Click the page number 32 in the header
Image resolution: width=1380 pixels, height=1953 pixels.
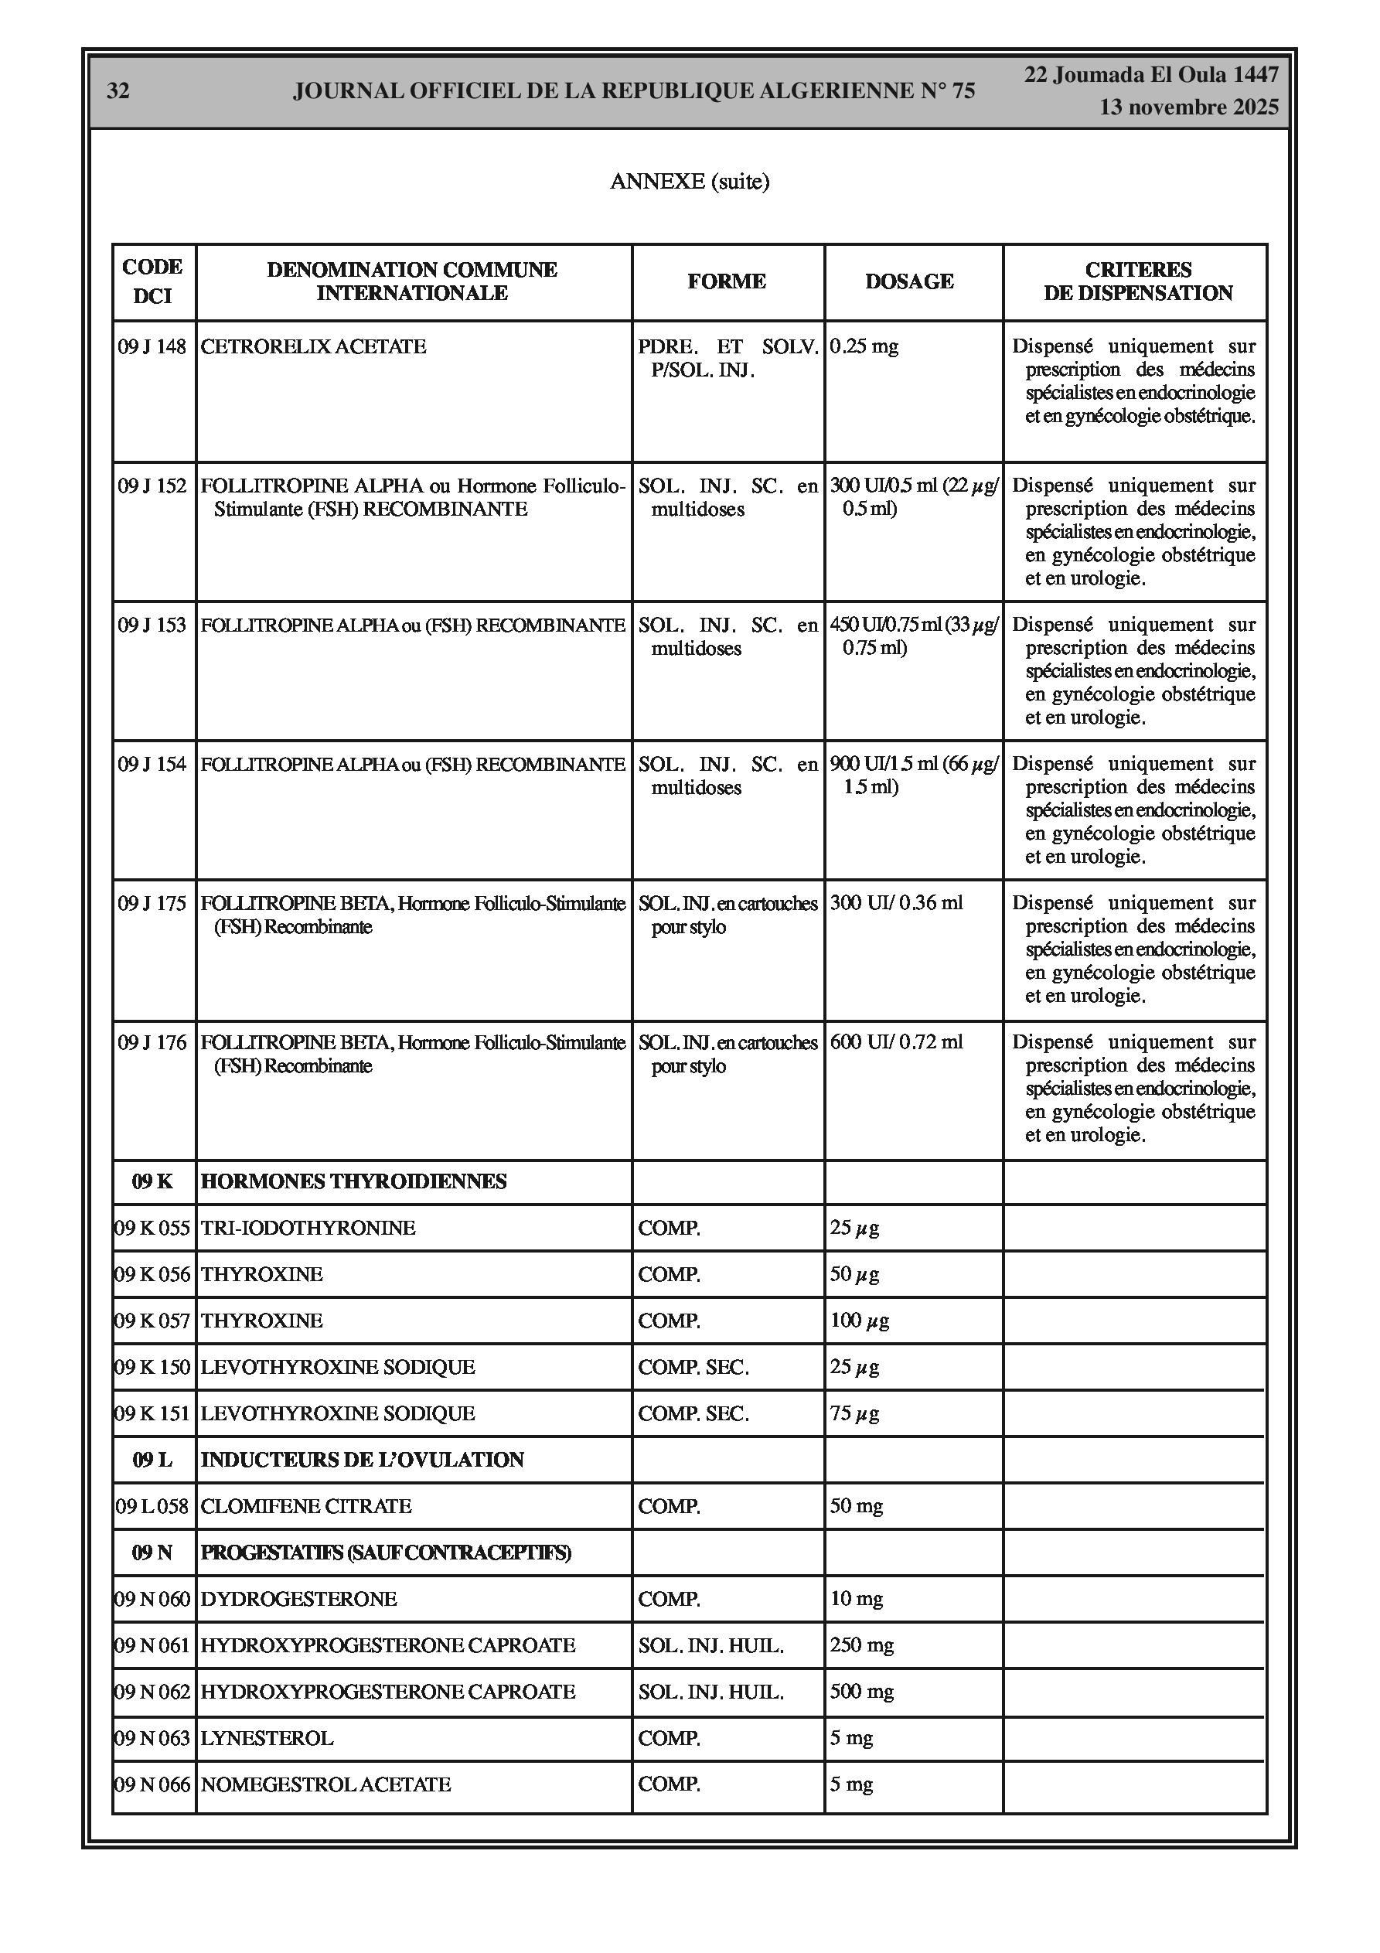[118, 91]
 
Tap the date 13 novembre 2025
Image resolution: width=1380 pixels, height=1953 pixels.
[1188, 107]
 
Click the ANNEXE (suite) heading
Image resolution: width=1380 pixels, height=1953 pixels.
[689, 181]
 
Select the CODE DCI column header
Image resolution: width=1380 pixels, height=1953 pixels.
[153, 281]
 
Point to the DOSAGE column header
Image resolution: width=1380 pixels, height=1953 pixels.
[908, 281]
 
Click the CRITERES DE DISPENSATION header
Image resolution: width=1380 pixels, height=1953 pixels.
[1137, 281]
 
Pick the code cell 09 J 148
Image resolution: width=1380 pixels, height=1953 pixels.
[152, 347]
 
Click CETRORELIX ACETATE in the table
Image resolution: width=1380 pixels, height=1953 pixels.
[313, 347]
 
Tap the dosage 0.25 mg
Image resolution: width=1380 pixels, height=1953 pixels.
[864, 347]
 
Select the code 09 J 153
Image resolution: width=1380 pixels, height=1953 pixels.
[152, 625]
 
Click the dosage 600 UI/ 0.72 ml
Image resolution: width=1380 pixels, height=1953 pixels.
[896, 1042]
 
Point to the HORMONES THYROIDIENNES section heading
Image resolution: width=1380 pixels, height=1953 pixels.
[353, 1181]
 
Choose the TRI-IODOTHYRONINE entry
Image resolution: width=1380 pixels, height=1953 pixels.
[308, 1229]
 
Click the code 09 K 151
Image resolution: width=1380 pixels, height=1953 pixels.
[153, 1413]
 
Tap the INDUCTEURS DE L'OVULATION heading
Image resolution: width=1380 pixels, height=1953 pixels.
[362, 1460]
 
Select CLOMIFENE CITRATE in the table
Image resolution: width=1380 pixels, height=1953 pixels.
[305, 1506]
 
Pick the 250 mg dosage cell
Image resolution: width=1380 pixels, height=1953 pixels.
[862, 1645]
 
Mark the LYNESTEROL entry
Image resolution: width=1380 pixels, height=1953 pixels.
[267, 1739]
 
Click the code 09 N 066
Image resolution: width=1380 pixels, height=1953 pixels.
[153, 1784]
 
